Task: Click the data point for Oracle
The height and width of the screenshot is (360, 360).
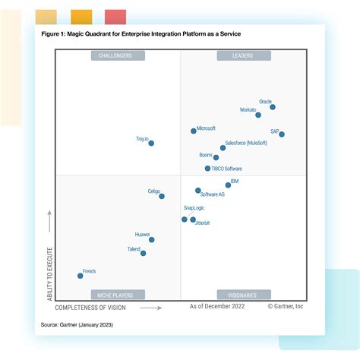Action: [x=273, y=107]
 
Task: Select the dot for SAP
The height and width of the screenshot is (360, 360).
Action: [x=282, y=134]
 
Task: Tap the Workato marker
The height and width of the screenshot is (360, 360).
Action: [x=258, y=115]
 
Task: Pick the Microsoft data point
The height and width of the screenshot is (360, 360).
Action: [x=194, y=131]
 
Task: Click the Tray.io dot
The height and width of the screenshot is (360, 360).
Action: [x=151, y=143]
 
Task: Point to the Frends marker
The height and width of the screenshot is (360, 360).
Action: [x=81, y=276]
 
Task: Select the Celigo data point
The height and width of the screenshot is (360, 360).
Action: [x=162, y=196]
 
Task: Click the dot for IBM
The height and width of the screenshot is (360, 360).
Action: [x=228, y=185]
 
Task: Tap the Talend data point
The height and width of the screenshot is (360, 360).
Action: [x=143, y=253]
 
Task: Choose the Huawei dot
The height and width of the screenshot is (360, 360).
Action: [x=152, y=240]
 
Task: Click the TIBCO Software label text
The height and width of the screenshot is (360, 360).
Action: [x=227, y=169]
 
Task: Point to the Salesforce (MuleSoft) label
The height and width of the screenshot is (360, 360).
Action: [x=246, y=143]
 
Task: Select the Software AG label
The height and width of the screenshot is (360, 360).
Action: [x=212, y=195]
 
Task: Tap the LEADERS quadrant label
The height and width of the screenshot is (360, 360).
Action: [x=242, y=55]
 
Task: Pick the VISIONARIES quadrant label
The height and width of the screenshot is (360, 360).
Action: [x=242, y=295]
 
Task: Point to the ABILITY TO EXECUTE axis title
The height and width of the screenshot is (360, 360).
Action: [x=50, y=267]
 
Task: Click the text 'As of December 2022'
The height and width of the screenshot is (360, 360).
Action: [x=216, y=307]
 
